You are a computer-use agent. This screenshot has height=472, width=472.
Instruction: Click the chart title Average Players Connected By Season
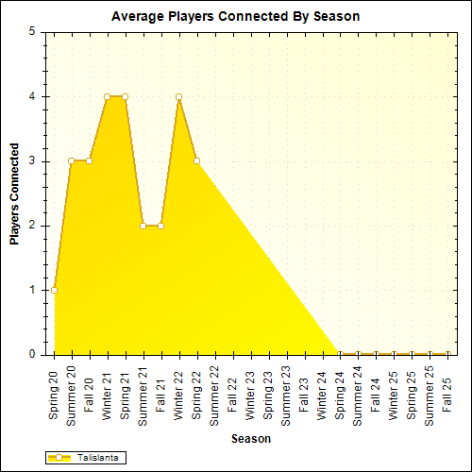click(235, 17)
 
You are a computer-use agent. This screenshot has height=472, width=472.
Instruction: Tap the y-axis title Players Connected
click(14, 194)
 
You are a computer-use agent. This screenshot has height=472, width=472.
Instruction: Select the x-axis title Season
click(250, 439)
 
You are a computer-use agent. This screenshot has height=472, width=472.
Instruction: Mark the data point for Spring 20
click(54, 291)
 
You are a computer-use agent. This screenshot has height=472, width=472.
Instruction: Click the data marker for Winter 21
click(108, 96)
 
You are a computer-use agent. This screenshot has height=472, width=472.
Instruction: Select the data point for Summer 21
click(143, 226)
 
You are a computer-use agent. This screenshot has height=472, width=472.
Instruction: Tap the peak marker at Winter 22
click(178, 96)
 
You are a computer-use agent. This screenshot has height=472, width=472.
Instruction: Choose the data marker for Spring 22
click(196, 160)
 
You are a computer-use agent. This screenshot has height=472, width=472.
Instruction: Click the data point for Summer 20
click(72, 160)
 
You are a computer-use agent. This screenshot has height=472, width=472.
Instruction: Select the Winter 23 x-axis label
click(250, 392)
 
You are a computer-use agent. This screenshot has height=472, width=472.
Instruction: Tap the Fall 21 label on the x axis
click(161, 386)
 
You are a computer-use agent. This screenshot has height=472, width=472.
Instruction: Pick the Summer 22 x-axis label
click(214, 395)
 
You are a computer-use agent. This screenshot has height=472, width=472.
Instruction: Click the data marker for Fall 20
click(90, 160)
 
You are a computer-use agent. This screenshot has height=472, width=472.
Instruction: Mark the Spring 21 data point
click(125, 96)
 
